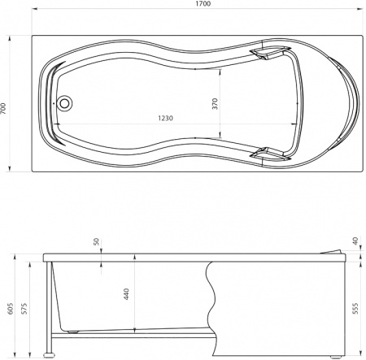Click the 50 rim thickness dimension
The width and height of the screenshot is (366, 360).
[96, 242]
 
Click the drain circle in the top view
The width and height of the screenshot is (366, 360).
[65, 104]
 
